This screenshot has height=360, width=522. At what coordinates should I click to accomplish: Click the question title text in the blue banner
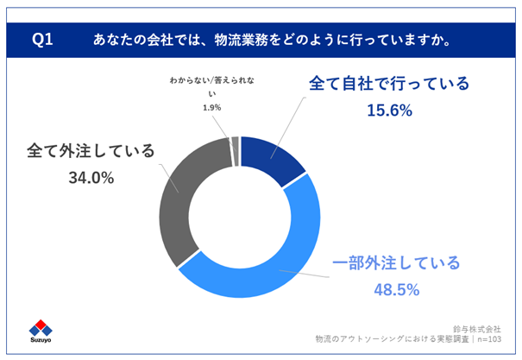coord(274,41)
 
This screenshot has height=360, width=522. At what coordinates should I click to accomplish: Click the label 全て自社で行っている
coord(389,85)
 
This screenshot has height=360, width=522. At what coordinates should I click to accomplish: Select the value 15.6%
coord(389,111)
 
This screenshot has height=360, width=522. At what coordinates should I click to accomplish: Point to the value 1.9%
coord(211,108)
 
